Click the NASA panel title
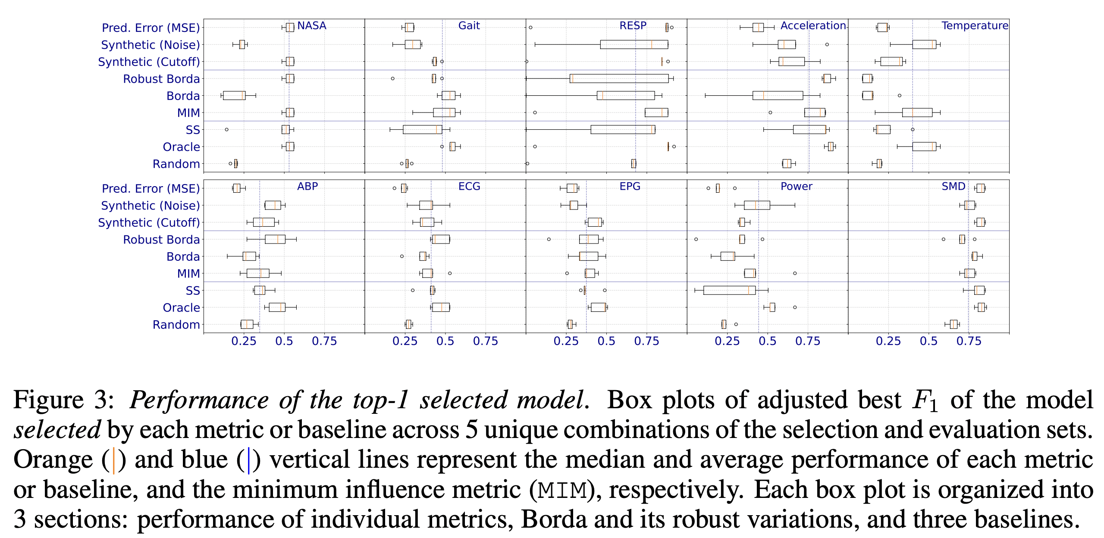(x=311, y=26)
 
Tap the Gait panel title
(x=469, y=26)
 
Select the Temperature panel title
(x=975, y=26)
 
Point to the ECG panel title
(x=469, y=187)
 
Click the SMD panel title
(x=953, y=187)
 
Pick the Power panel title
(x=796, y=187)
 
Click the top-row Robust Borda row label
(x=161, y=79)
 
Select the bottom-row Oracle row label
(x=181, y=308)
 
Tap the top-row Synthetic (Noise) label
(x=150, y=45)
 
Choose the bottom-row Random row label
(x=176, y=325)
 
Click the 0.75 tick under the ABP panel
(x=324, y=341)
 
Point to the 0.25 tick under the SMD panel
(x=888, y=341)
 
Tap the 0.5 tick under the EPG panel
(x=606, y=341)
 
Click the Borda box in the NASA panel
(x=234, y=95)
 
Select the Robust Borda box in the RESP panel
(x=619, y=78)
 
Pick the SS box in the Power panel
(x=729, y=290)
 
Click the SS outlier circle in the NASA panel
(x=226, y=129)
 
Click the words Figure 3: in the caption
(x=64, y=400)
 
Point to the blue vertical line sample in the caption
(x=248, y=460)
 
